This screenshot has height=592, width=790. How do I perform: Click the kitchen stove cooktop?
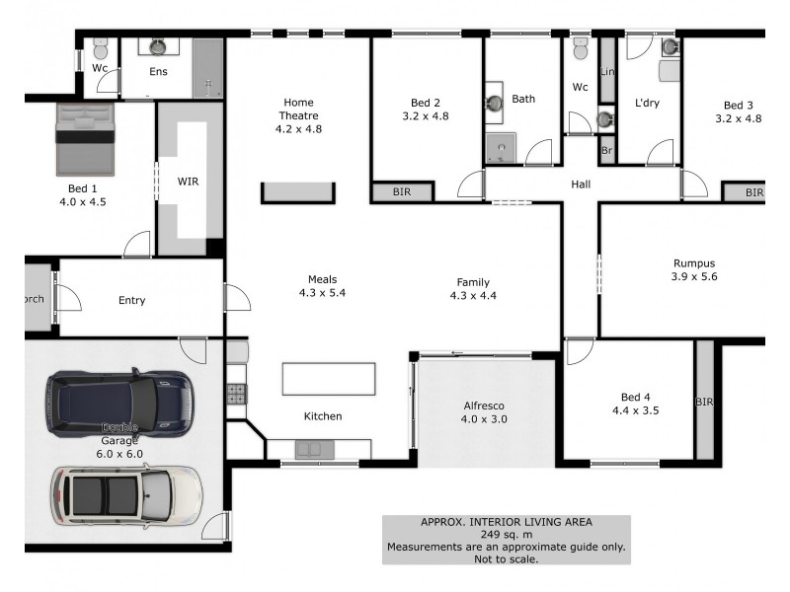(237, 394)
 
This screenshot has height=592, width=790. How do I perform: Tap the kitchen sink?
(310, 450)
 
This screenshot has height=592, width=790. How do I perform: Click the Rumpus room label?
(693, 263)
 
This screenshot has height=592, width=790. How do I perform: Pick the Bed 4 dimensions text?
(634, 409)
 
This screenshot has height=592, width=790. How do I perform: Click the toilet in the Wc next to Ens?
(100, 49)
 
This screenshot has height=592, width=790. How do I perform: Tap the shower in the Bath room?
(502, 149)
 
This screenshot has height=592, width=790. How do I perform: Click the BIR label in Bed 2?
(402, 192)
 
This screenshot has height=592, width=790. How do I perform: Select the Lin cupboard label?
(607, 72)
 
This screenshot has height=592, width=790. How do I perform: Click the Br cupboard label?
(606, 153)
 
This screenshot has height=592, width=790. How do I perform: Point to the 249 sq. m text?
(506, 535)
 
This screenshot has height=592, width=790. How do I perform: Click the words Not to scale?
(506, 559)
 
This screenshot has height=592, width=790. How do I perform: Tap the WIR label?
(188, 183)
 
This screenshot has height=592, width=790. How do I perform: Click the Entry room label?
(132, 300)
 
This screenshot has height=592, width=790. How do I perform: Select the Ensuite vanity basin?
(158, 45)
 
